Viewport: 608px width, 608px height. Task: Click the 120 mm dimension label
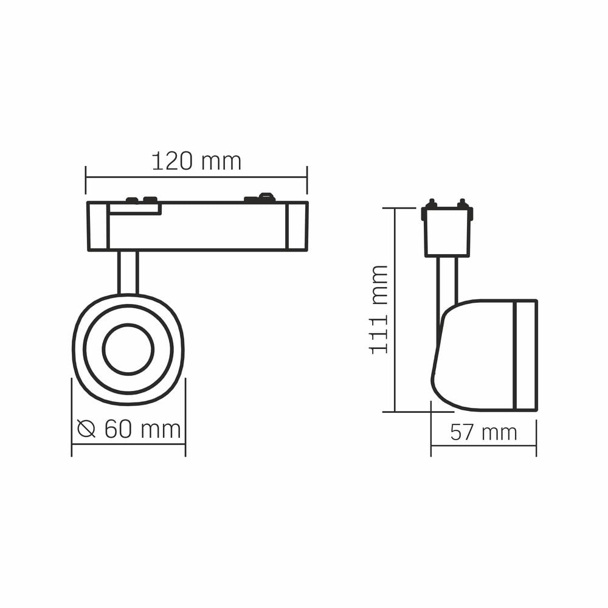click(x=196, y=162)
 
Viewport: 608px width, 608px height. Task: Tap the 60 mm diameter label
click(x=142, y=429)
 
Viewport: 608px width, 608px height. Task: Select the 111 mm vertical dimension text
click(x=379, y=309)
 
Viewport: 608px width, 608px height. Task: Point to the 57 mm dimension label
click(x=483, y=432)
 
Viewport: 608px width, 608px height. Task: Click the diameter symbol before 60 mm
click(x=86, y=429)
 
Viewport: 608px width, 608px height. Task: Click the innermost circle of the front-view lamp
click(x=128, y=350)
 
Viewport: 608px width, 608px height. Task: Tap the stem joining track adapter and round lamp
click(x=128, y=272)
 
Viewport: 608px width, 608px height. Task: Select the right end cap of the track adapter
click(x=297, y=226)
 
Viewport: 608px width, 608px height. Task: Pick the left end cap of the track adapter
click(x=98, y=226)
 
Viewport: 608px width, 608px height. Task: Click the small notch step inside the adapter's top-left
click(x=135, y=209)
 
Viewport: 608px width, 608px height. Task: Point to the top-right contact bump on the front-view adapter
click(x=266, y=196)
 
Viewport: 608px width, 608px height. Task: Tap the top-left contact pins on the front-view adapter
click(x=140, y=199)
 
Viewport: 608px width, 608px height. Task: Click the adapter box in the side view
click(x=447, y=232)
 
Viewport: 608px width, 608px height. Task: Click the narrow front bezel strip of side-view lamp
click(x=525, y=355)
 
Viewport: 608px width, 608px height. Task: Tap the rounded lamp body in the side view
click(x=474, y=355)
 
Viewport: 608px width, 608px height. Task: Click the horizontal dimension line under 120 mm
click(x=196, y=177)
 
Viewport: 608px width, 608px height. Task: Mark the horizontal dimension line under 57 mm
click(x=483, y=446)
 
